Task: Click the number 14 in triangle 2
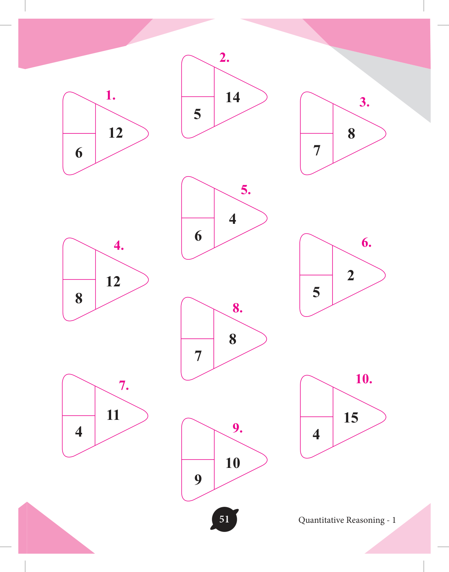pyautogui.click(x=233, y=97)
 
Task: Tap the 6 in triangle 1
pyautogui.click(x=79, y=153)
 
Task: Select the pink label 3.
pyautogui.click(x=364, y=102)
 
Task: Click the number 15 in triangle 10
pyautogui.click(x=351, y=418)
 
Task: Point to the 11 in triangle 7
pyautogui.click(x=113, y=415)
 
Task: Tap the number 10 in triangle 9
pyautogui.click(x=233, y=463)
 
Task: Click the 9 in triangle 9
pyautogui.click(x=198, y=479)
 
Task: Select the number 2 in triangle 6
pyautogui.click(x=350, y=275)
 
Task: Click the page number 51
pyautogui.click(x=224, y=519)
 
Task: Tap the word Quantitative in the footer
pyautogui.click(x=321, y=521)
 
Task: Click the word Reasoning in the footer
pyautogui.click(x=365, y=521)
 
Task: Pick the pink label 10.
pyautogui.click(x=364, y=379)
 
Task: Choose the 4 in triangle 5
pyautogui.click(x=233, y=219)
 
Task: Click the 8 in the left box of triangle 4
pyautogui.click(x=79, y=298)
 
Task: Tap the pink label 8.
pyautogui.click(x=237, y=308)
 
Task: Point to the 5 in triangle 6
pyautogui.click(x=316, y=292)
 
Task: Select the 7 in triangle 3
pyautogui.click(x=317, y=150)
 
